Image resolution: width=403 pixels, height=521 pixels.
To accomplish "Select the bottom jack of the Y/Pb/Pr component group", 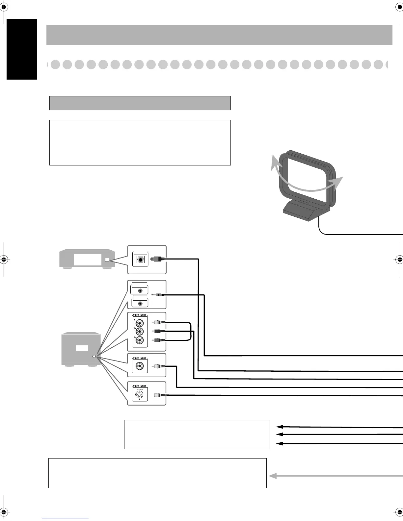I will click(141, 340).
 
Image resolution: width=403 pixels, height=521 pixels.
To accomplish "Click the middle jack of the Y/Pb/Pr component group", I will click(141, 332).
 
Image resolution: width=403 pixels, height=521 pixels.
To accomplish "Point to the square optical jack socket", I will click(140, 259).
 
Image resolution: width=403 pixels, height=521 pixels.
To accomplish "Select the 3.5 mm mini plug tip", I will click(154, 295).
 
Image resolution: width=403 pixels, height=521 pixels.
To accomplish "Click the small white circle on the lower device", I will click(94, 357).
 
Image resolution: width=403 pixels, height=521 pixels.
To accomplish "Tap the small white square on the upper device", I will click(107, 260).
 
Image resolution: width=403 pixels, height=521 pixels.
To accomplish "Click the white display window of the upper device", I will click(87, 260).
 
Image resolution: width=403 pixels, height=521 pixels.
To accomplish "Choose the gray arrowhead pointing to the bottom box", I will click(273, 476).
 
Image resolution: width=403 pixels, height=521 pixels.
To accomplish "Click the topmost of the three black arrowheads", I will click(280, 427).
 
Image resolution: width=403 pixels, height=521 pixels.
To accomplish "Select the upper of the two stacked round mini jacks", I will click(141, 291).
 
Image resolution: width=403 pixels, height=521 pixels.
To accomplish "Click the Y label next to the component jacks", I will click(134, 319).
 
